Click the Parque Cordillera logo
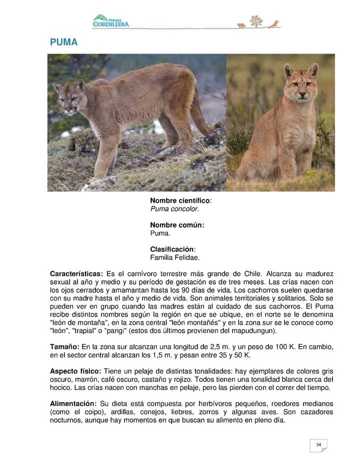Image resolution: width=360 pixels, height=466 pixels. click(x=110, y=21)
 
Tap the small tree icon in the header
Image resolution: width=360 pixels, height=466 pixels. click(x=256, y=21)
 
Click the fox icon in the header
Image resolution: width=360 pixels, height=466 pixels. click(x=241, y=25)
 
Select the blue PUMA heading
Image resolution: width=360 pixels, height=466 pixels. click(x=63, y=42)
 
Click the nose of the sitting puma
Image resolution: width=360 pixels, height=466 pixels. click(x=302, y=93)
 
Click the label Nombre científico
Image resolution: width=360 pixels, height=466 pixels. click(x=180, y=200)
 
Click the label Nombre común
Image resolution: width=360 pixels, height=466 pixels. click(x=177, y=225)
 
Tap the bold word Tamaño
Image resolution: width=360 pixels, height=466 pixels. click(x=64, y=346)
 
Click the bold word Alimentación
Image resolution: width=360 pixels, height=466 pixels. click(x=73, y=403)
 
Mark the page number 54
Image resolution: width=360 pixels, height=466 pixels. click(x=318, y=444)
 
